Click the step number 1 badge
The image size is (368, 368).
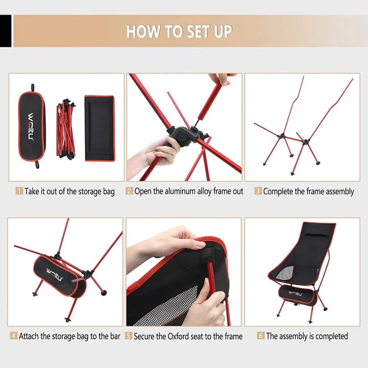(x=19, y=191)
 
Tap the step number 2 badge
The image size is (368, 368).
(x=129, y=191)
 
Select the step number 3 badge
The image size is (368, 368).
(x=258, y=191)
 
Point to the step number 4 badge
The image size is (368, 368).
(x=13, y=336)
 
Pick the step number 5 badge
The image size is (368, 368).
(x=128, y=336)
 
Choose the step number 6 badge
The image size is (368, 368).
(x=261, y=336)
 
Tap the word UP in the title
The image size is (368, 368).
(x=223, y=31)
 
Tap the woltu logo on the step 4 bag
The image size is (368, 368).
(x=55, y=274)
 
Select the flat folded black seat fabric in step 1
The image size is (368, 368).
(x=100, y=128)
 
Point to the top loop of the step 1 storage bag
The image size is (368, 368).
(x=33, y=87)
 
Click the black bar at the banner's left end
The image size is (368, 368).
(x=5, y=31)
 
